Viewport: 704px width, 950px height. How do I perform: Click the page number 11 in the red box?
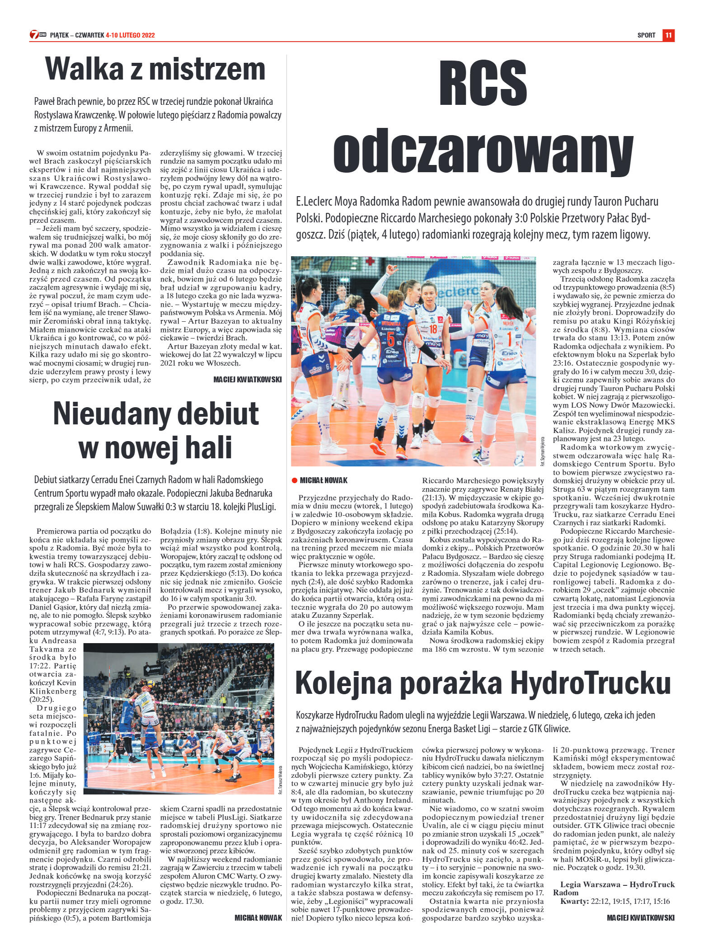point(668,35)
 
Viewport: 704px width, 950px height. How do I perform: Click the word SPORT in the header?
point(646,35)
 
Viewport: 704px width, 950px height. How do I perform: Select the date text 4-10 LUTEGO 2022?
point(130,35)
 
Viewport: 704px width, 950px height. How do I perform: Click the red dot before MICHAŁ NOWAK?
point(294,480)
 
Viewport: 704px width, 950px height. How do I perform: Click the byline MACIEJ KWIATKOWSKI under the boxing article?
point(247,380)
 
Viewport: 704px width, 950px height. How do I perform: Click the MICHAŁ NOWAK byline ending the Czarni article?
point(258,917)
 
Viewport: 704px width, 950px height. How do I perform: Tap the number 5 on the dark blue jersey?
point(391,339)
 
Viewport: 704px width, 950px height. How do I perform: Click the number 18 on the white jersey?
point(433,329)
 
